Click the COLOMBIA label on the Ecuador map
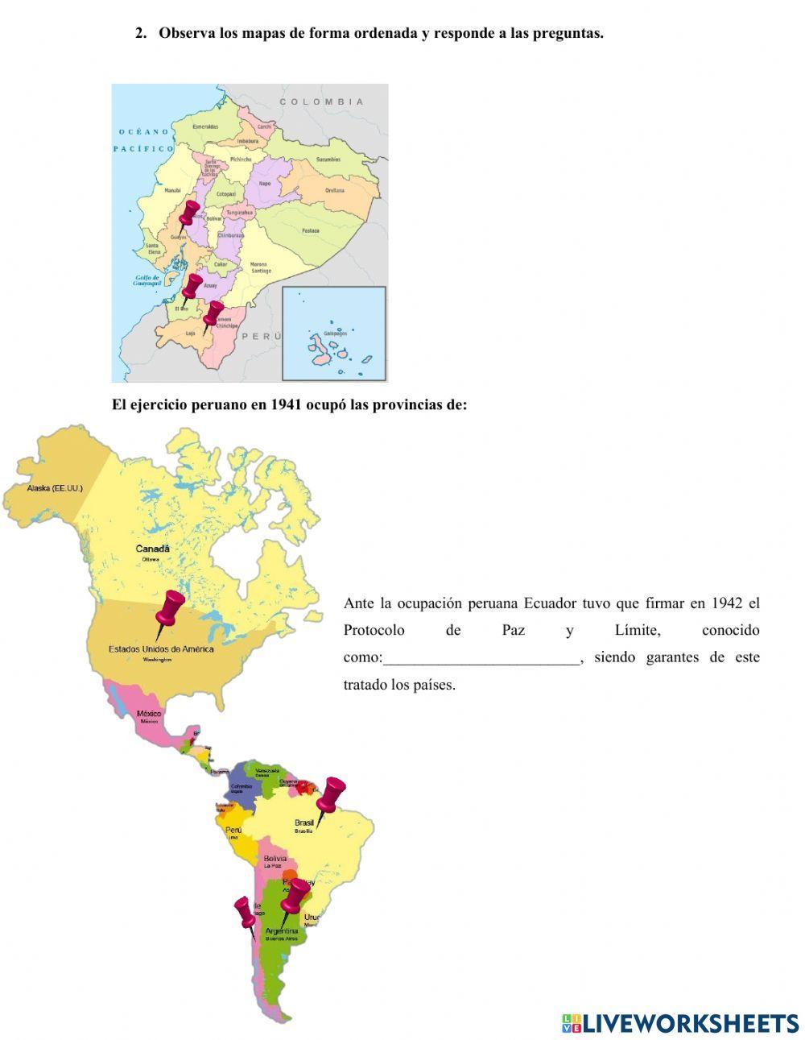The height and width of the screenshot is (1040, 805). tap(321, 102)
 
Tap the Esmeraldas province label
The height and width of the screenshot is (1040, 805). tap(205, 126)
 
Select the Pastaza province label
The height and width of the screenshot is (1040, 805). tap(310, 230)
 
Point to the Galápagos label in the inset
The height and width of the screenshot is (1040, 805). tap(333, 333)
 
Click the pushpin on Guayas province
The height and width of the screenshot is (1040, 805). tap(188, 214)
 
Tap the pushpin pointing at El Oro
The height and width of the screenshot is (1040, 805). tap(192, 288)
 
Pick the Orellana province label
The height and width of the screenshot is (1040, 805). tap(334, 190)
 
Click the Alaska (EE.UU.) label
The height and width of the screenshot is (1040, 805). tap(55, 488)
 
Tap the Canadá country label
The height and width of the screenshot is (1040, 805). tap(152, 549)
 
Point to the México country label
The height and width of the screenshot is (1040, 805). tap(149, 714)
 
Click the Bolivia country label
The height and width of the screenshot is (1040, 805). tap(275, 860)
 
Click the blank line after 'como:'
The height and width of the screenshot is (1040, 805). tap(481, 657)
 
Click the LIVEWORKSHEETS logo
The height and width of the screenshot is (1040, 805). tap(680, 1023)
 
